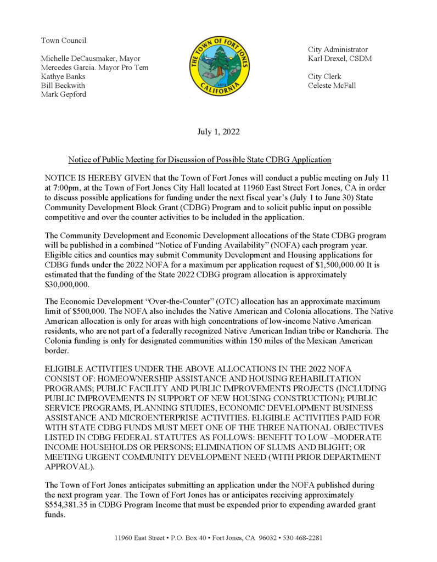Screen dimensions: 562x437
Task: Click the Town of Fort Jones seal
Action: click(219, 68)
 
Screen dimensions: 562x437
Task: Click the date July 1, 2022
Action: click(218, 132)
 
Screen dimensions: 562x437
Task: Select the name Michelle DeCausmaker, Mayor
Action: click(91, 58)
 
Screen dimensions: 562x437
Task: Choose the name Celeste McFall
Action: click(332, 85)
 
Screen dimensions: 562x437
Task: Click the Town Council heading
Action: click(64, 40)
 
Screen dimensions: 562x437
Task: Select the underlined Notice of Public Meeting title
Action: click(199, 160)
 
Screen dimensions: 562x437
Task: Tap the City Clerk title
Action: click(324, 76)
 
